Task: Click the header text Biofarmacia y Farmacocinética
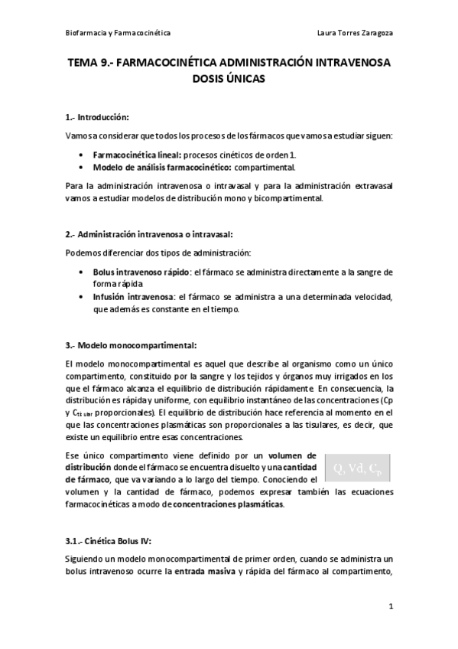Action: click(x=117, y=34)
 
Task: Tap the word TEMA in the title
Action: click(x=83, y=65)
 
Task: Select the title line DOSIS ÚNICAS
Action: click(x=229, y=80)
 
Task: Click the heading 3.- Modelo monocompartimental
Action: click(x=131, y=345)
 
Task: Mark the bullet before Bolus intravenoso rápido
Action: click(x=82, y=272)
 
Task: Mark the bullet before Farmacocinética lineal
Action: click(x=82, y=155)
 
